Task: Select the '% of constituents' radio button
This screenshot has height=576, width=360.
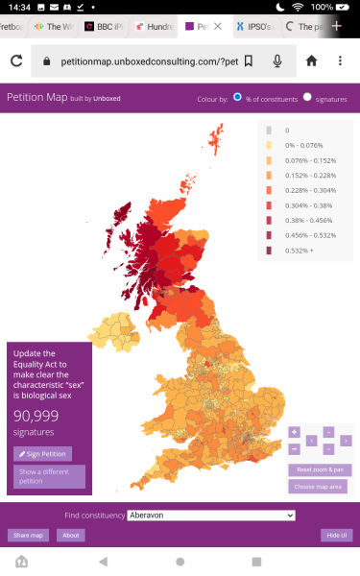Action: point(237,98)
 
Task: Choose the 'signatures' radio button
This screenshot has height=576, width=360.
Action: point(307,98)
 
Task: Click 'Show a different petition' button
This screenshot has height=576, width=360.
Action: point(49,476)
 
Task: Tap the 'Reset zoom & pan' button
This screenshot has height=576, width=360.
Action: point(320,469)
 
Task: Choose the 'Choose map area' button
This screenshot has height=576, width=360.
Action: point(320,487)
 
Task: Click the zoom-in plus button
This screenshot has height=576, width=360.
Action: point(295,432)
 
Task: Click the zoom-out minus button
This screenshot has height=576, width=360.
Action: point(295,448)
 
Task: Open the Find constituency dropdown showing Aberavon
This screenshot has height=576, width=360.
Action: point(210,516)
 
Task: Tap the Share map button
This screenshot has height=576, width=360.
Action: point(27,535)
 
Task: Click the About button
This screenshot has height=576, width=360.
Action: point(69,535)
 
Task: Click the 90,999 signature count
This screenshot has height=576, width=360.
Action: point(36,416)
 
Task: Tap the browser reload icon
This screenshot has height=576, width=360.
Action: point(16,60)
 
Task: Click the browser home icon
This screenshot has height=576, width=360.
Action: point(311,60)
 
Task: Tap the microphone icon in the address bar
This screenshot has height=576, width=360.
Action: point(277,60)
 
